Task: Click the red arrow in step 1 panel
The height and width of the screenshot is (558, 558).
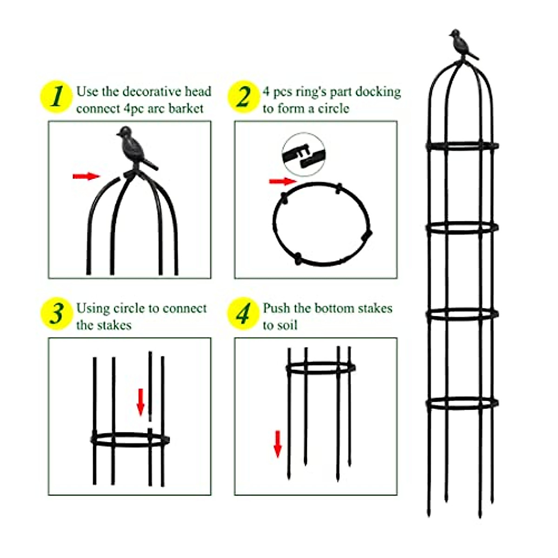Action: [86, 176]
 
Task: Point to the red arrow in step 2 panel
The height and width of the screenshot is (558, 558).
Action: [282, 181]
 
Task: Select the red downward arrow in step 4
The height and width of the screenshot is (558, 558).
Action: [278, 444]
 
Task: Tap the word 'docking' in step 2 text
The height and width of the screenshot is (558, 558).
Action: [378, 92]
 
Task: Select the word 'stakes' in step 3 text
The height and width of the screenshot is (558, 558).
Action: [114, 325]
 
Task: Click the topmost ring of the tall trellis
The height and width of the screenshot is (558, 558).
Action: [462, 146]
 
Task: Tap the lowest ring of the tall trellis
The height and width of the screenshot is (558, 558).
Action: [462, 404]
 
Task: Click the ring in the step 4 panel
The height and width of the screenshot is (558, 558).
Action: [320, 368]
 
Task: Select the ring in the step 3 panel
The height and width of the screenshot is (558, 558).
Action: [130, 439]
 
